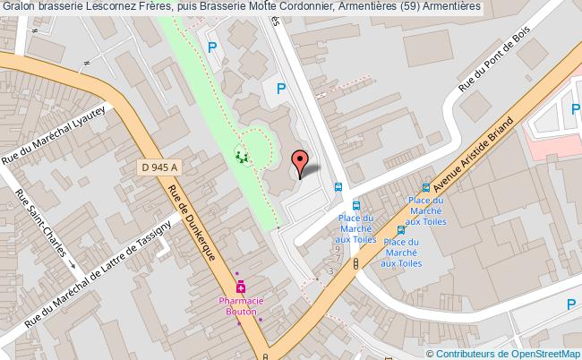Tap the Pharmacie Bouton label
click(x=240, y=306)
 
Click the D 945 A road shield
click(x=160, y=167)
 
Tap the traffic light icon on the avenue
click(x=356, y=263)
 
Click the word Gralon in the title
click(x=21, y=6)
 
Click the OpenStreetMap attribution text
click(x=543, y=352)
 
